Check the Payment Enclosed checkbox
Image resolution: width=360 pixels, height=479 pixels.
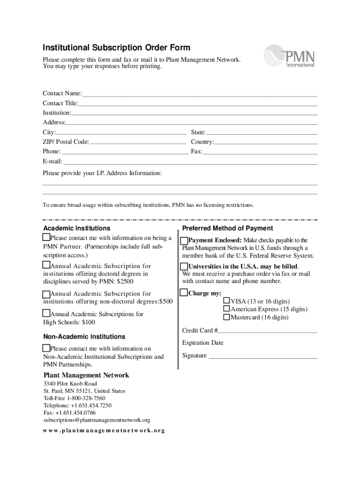click(184, 240)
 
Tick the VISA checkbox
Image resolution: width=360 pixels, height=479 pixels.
click(227, 300)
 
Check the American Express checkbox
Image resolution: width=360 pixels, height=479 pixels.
click(227, 309)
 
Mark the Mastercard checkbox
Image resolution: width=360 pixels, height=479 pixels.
click(227, 317)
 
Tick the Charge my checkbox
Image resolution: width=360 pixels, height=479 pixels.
click(184, 293)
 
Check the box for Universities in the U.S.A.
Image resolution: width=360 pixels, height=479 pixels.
click(184, 267)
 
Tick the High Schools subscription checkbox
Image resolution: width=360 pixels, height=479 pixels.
click(46, 313)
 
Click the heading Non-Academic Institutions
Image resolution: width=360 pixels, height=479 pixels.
click(84, 337)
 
